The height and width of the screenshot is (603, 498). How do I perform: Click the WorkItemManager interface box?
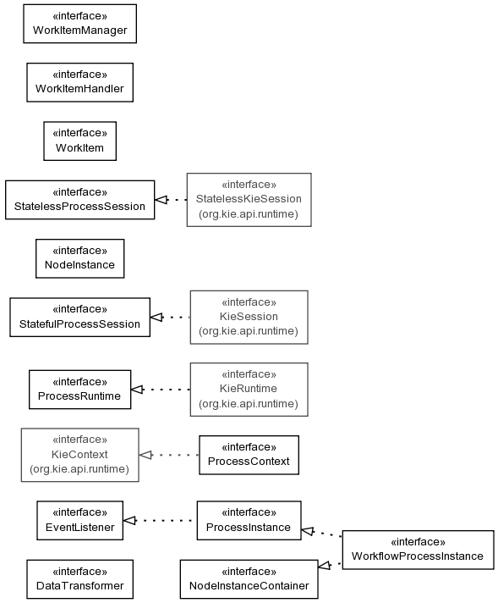(x=79, y=24)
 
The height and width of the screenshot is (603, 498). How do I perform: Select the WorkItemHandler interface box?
(x=79, y=82)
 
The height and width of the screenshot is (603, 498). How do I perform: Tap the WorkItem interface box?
(x=79, y=141)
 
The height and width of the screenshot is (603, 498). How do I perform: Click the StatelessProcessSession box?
(x=79, y=200)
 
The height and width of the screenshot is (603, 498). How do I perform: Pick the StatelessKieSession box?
(x=249, y=200)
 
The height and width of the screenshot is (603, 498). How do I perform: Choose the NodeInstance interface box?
(x=79, y=258)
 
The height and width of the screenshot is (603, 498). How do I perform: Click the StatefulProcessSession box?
(x=79, y=318)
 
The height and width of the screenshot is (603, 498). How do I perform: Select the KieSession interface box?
(x=249, y=318)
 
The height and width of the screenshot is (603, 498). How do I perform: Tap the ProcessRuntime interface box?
(x=79, y=390)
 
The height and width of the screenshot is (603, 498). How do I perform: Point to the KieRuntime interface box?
(x=249, y=390)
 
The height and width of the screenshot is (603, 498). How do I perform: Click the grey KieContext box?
(x=79, y=455)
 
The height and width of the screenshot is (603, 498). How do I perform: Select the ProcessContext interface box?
(x=249, y=455)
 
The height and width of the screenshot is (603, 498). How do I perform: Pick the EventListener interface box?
(x=79, y=520)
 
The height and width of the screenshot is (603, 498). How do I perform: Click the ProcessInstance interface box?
(x=249, y=520)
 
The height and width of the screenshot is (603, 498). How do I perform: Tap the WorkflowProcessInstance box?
(x=419, y=550)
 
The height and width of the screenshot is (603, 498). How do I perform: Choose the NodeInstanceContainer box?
(x=249, y=579)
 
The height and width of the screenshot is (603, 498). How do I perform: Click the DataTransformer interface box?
(x=79, y=579)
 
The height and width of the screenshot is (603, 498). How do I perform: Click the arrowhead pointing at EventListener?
(x=129, y=520)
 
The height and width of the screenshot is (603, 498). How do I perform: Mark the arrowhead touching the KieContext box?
(x=145, y=455)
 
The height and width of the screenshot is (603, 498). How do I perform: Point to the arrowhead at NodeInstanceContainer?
(x=325, y=566)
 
